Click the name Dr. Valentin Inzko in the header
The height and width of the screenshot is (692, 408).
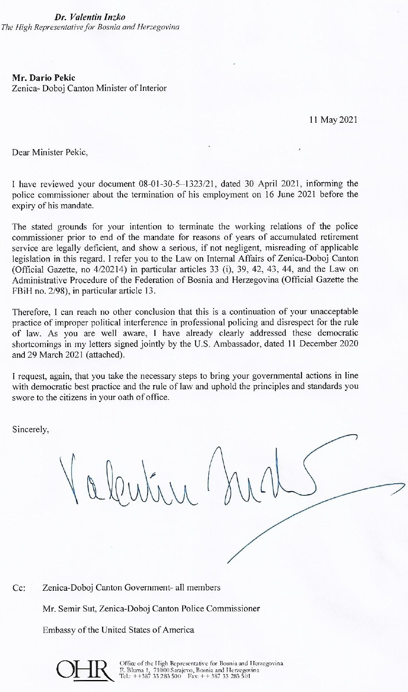(x=90, y=17)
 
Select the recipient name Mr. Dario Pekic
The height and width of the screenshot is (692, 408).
(x=44, y=77)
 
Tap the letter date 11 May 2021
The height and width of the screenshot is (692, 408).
(x=333, y=120)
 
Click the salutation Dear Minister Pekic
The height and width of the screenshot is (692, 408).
(x=50, y=152)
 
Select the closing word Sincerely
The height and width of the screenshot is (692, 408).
(x=31, y=429)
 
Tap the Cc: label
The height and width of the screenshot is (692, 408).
(x=19, y=587)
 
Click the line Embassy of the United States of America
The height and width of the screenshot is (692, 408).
(x=118, y=630)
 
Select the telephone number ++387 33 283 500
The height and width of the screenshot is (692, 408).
(x=155, y=676)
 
